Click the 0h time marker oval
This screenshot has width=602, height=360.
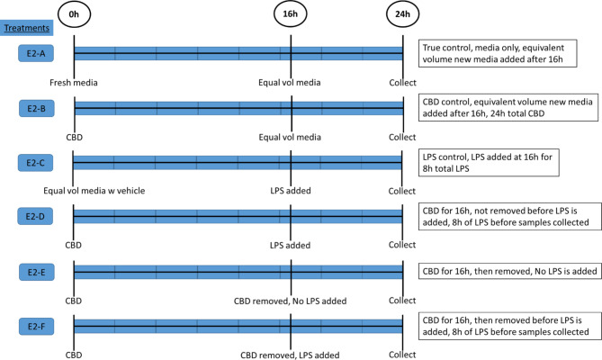click(x=74, y=15)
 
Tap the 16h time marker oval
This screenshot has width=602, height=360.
click(x=291, y=15)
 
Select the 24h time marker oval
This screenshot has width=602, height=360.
click(x=402, y=15)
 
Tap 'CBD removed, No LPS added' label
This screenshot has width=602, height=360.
click(x=291, y=299)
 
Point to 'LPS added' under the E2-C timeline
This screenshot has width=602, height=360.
click(x=291, y=190)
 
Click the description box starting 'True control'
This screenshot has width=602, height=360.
click(x=508, y=54)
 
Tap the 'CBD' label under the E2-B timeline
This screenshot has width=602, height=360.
click(x=74, y=137)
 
